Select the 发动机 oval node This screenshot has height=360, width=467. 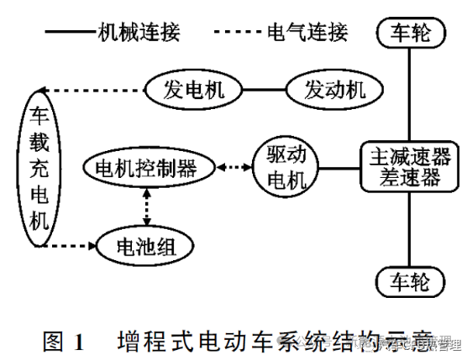click(334, 89)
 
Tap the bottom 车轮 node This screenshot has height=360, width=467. click(409, 280)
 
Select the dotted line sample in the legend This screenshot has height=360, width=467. click(238, 33)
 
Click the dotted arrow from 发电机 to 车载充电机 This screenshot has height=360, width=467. click(92, 90)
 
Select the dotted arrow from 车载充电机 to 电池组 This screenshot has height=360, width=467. click(80, 247)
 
